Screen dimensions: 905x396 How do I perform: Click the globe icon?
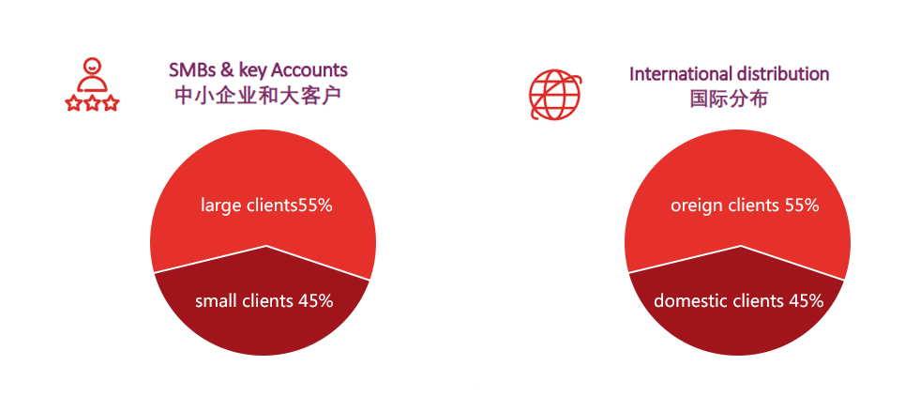555,95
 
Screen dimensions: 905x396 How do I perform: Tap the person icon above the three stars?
92,75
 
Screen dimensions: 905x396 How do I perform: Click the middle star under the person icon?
92,104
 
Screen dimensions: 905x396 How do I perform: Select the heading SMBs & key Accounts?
258,70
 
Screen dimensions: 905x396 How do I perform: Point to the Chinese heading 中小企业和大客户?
257,96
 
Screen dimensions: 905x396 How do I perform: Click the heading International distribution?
729,74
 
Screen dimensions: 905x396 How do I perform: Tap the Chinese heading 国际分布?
729,99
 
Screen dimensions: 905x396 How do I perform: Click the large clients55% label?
266,206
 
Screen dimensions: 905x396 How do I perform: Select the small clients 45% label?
264,300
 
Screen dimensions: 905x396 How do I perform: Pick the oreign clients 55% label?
745,206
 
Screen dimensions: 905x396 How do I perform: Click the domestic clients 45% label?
738,300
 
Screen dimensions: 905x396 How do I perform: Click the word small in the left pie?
214,300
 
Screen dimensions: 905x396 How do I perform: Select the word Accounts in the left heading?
309,70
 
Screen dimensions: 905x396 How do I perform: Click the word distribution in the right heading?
783,74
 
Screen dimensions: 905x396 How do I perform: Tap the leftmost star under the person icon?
73,104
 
